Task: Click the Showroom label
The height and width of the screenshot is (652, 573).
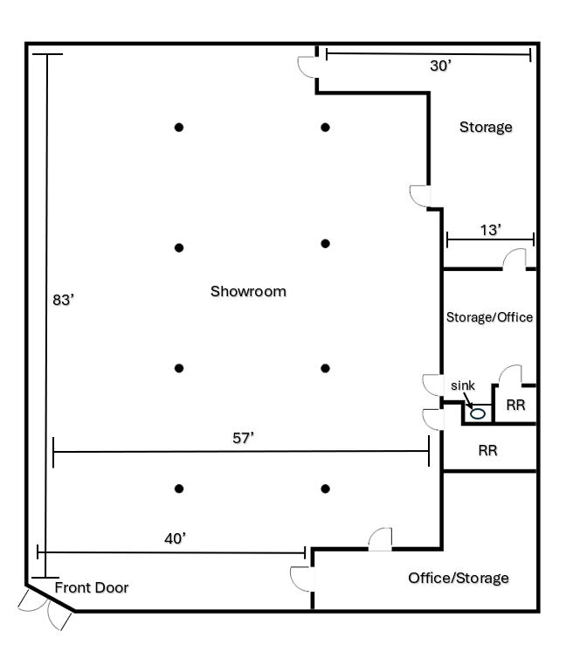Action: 248,291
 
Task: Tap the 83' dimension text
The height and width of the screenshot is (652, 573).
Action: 63,300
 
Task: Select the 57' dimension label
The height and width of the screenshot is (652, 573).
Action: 243,438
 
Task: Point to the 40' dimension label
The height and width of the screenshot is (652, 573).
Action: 175,538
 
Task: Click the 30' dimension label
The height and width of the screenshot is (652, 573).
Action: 440,66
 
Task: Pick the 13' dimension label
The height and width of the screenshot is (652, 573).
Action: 491,230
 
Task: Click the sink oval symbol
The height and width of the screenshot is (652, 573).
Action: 478,413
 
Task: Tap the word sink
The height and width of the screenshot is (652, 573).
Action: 462,385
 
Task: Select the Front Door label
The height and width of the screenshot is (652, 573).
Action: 92,587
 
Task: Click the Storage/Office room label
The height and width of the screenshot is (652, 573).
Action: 489,317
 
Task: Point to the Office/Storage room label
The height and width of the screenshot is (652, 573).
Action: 459,578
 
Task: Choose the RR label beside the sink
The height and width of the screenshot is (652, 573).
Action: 515,405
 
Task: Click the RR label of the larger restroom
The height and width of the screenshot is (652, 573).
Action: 487,450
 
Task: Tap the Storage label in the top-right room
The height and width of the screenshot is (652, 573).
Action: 486,127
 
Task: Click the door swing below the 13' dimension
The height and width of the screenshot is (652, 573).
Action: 514,259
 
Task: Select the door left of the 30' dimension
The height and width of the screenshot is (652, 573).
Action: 307,67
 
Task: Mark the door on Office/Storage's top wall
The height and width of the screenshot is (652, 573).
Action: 380,539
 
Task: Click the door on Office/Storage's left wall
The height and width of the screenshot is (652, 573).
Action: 302,579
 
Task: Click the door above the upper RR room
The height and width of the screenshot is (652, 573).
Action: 510,375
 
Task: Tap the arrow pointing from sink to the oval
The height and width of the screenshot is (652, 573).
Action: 468,399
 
